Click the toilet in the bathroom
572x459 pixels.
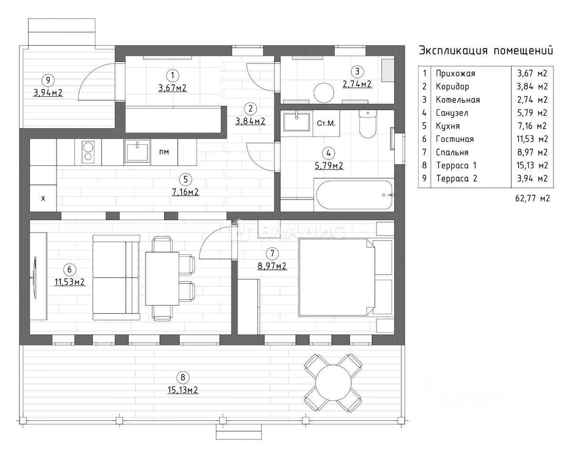point(367,123)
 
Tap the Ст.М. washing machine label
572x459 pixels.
point(326,123)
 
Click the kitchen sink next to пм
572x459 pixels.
point(137,152)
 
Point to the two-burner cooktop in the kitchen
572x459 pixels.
point(88,152)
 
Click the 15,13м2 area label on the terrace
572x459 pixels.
point(183,390)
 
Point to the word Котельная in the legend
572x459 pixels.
point(457,100)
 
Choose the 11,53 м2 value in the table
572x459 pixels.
point(532,139)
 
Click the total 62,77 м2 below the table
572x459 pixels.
point(528,198)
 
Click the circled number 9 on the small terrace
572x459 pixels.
point(48,81)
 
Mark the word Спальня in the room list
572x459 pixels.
point(452,153)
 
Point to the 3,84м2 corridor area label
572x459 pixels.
point(250,121)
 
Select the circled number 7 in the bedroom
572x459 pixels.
point(272,254)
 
